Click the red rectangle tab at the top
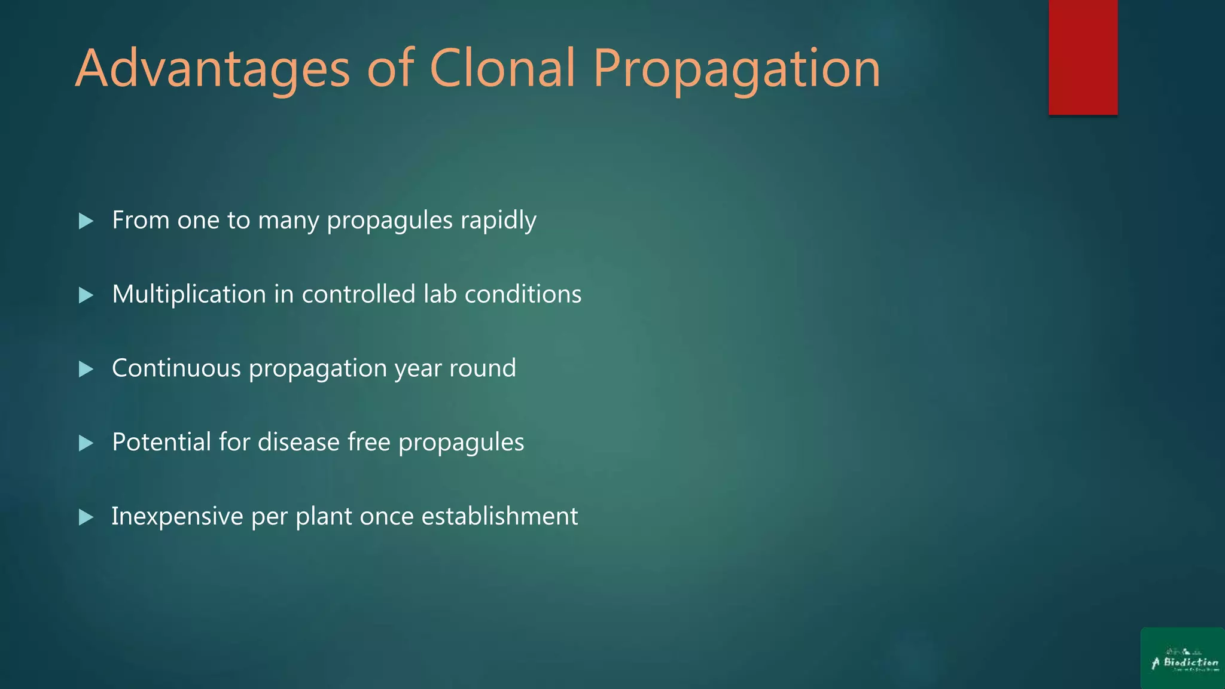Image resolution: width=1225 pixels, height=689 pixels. pyautogui.click(x=1083, y=57)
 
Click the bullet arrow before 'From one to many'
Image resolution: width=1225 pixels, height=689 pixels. pyautogui.click(x=86, y=221)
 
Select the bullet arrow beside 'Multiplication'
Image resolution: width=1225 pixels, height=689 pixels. pyautogui.click(x=86, y=295)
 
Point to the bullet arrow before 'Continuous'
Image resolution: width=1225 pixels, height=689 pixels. pyautogui.click(x=86, y=369)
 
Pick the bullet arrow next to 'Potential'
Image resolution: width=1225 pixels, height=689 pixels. pyautogui.click(x=86, y=443)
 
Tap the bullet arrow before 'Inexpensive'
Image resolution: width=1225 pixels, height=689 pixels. pyautogui.click(x=86, y=517)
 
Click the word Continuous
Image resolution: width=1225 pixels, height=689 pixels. pyautogui.click(x=176, y=368)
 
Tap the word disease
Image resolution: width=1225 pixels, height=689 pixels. pyautogui.click(x=298, y=442)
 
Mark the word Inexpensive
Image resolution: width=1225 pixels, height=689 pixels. pyautogui.click(x=177, y=517)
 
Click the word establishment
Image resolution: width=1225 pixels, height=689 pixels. pyautogui.click(x=499, y=516)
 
